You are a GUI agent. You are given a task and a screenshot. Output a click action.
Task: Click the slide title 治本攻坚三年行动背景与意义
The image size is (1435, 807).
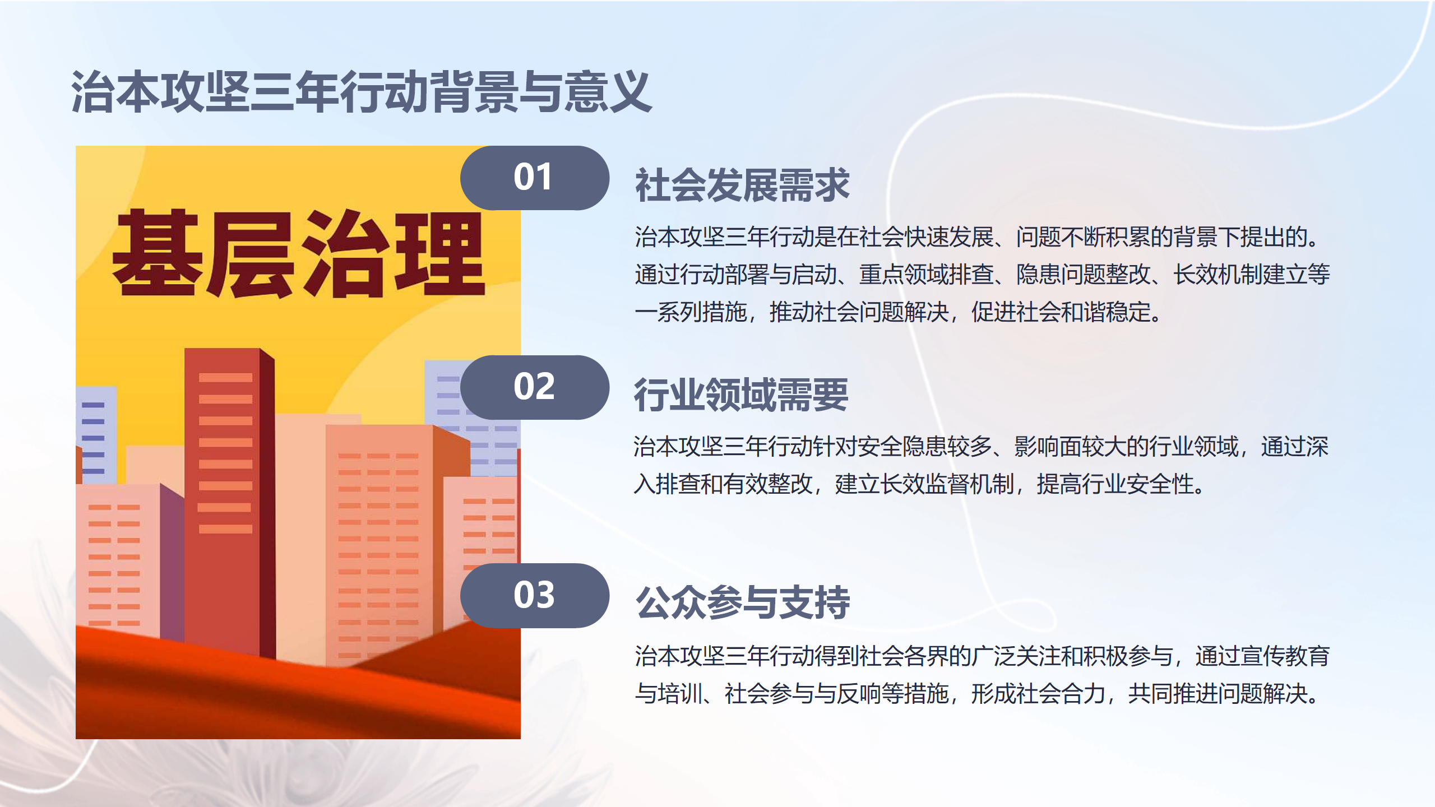point(362,92)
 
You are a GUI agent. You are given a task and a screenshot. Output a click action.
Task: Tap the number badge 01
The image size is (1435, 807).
point(535,178)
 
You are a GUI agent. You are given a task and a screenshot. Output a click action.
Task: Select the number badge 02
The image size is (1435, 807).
point(535,387)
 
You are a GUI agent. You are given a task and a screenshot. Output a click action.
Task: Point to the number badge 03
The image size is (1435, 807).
point(535,595)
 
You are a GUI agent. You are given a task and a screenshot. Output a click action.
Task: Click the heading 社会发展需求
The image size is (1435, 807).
point(742,185)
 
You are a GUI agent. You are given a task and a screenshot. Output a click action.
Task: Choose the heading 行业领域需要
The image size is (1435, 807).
point(741,395)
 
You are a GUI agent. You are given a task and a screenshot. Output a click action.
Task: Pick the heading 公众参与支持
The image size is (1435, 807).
point(742,602)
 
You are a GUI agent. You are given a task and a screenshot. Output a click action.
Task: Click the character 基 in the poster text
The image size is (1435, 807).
point(158,253)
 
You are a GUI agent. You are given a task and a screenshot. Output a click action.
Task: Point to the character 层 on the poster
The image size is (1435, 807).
point(251,254)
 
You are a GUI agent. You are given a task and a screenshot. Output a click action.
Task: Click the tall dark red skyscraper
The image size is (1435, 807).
point(229,502)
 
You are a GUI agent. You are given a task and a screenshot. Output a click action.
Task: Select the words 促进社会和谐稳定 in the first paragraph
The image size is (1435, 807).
point(1061,312)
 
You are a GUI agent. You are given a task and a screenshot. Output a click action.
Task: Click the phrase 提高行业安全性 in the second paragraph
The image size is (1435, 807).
point(1115,484)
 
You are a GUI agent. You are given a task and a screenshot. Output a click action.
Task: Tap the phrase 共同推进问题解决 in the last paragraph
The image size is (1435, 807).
point(1218,693)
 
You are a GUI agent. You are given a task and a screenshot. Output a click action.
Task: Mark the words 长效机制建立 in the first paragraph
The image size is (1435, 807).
point(1240,274)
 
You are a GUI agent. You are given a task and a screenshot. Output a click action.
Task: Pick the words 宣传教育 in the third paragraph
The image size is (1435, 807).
point(1262,656)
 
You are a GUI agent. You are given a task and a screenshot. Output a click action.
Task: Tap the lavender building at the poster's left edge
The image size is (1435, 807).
point(96,435)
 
